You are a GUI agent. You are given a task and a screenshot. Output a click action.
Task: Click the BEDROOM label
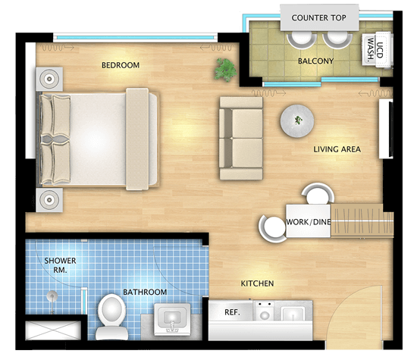tap(121, 65)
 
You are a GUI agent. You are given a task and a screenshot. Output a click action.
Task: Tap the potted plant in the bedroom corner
tap(225, 70)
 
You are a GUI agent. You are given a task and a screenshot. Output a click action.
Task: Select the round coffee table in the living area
tap(297, 121)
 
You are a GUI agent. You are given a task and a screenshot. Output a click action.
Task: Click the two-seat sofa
tap(241, 138)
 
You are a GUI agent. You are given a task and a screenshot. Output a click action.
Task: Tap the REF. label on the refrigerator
tap(232, 312)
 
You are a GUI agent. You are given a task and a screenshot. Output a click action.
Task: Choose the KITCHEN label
tap(257, 283)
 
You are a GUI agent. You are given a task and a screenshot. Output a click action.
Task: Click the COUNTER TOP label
tap(319, 18)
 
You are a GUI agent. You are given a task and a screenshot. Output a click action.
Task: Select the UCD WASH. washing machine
tap(377, 49)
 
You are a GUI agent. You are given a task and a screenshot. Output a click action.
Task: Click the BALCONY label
tap(315, 61)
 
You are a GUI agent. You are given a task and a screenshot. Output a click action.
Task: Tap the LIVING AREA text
tap(337, 149)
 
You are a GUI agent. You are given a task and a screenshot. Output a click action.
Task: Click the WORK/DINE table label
tap(309, 222)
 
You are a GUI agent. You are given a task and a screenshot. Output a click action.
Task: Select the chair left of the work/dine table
tap(272, 228)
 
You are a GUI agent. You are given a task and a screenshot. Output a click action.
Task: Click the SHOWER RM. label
tap(60, 265)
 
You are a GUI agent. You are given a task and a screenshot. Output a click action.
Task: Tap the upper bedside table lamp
tap(49, 79)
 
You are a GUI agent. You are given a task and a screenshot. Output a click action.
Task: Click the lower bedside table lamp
tap(49, 199)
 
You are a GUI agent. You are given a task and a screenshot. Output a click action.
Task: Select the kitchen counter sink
tap(292, 313)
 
